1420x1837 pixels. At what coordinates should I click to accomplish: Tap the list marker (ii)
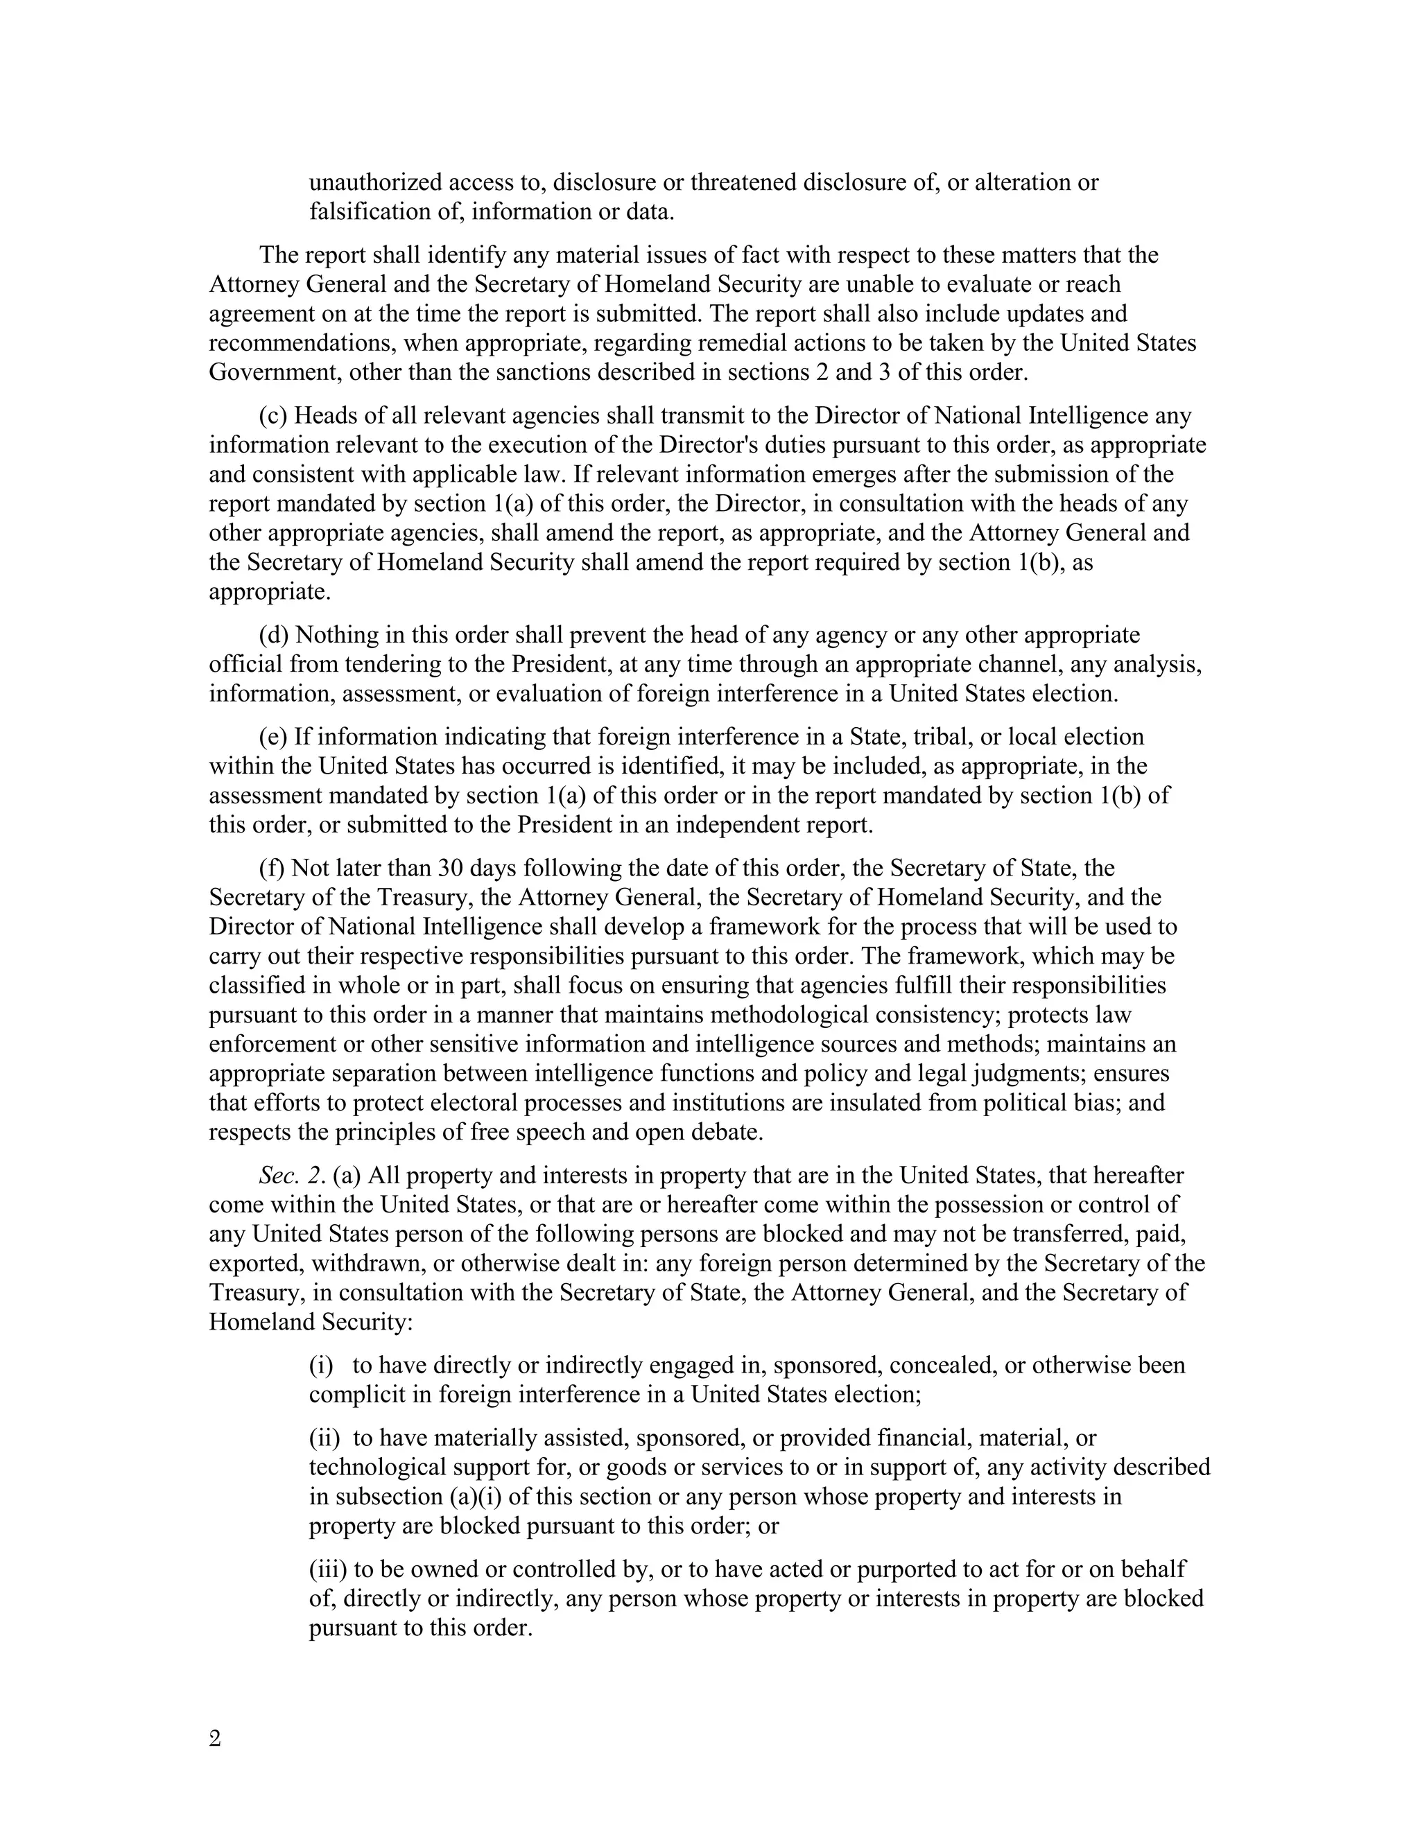324,1438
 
